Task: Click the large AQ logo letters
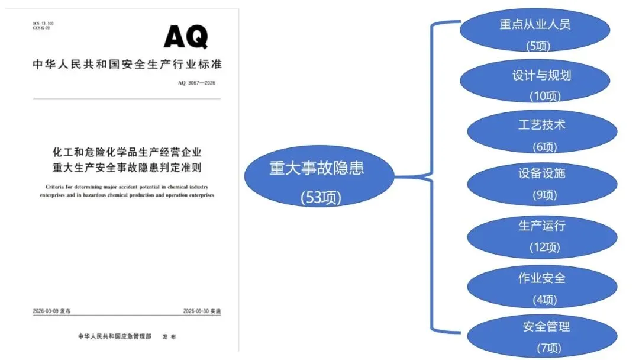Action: coord(186,36)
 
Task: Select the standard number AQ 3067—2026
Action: coord(196,83)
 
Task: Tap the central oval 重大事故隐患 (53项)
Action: coord(319,176)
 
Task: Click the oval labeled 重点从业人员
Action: coord(535,30)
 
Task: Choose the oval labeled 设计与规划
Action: coord(535,81)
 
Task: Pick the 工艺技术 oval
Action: coord(542,131)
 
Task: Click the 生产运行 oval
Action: coord(542,237)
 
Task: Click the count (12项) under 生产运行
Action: coord(545,247)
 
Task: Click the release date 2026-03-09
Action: coord(46,311)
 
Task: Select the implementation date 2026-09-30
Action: coord(196,311)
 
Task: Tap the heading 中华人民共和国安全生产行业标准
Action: coord(127,64)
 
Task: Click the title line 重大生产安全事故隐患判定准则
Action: coord(127,168)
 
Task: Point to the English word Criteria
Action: coord(54,187)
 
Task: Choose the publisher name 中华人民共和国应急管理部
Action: coord(115,336)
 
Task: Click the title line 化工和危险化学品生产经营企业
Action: coord(127,153)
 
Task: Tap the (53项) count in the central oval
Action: coord(321,198)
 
